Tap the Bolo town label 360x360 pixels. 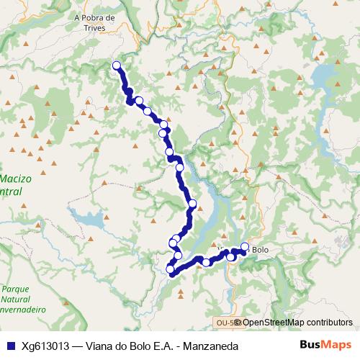(260, 250)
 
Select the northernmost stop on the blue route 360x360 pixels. (117, 66)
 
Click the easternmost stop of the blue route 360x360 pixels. (245, 248)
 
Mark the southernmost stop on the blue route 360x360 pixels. (171, 269)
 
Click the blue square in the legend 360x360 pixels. (10, 345)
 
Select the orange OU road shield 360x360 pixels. (225, 323)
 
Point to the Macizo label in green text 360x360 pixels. (16, 178)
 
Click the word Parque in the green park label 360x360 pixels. (15, 287)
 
